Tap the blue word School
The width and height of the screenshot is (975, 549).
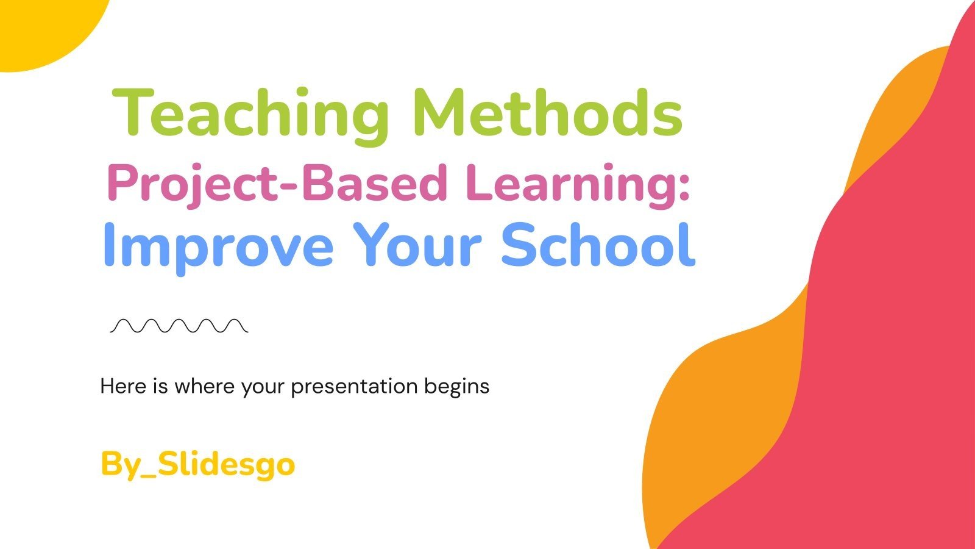tap(597, 245)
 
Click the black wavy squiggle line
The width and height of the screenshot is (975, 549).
tap(179, 326)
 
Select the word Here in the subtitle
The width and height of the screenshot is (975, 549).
tap(124, 386)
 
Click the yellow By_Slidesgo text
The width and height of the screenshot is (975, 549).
tap(197, 465)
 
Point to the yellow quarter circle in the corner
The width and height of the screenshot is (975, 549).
tap(37, 27)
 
